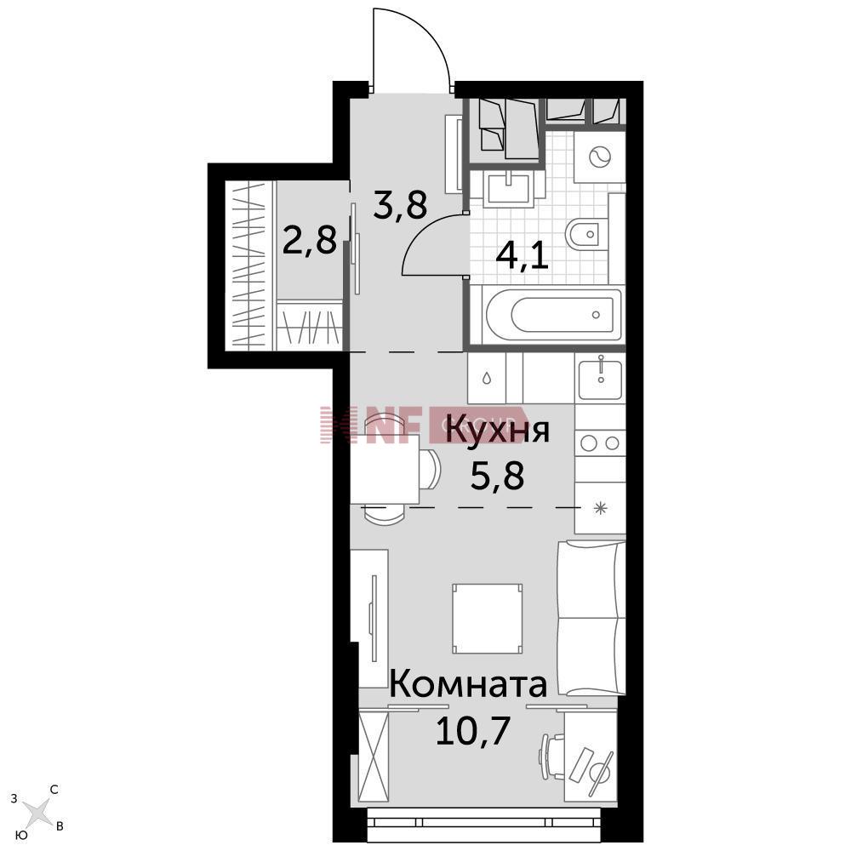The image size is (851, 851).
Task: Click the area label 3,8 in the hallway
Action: coord(400,204)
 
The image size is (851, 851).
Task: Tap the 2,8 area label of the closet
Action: coord(310,241)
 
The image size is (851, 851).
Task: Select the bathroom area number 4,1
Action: coord(522,253)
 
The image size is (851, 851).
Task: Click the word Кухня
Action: coord(498,431)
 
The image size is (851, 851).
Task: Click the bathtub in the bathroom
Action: coord(553,315)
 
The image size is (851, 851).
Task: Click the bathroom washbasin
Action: coord(510,186)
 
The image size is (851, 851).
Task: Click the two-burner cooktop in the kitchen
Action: coord(600,443)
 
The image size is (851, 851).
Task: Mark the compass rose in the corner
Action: coord(38,813)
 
